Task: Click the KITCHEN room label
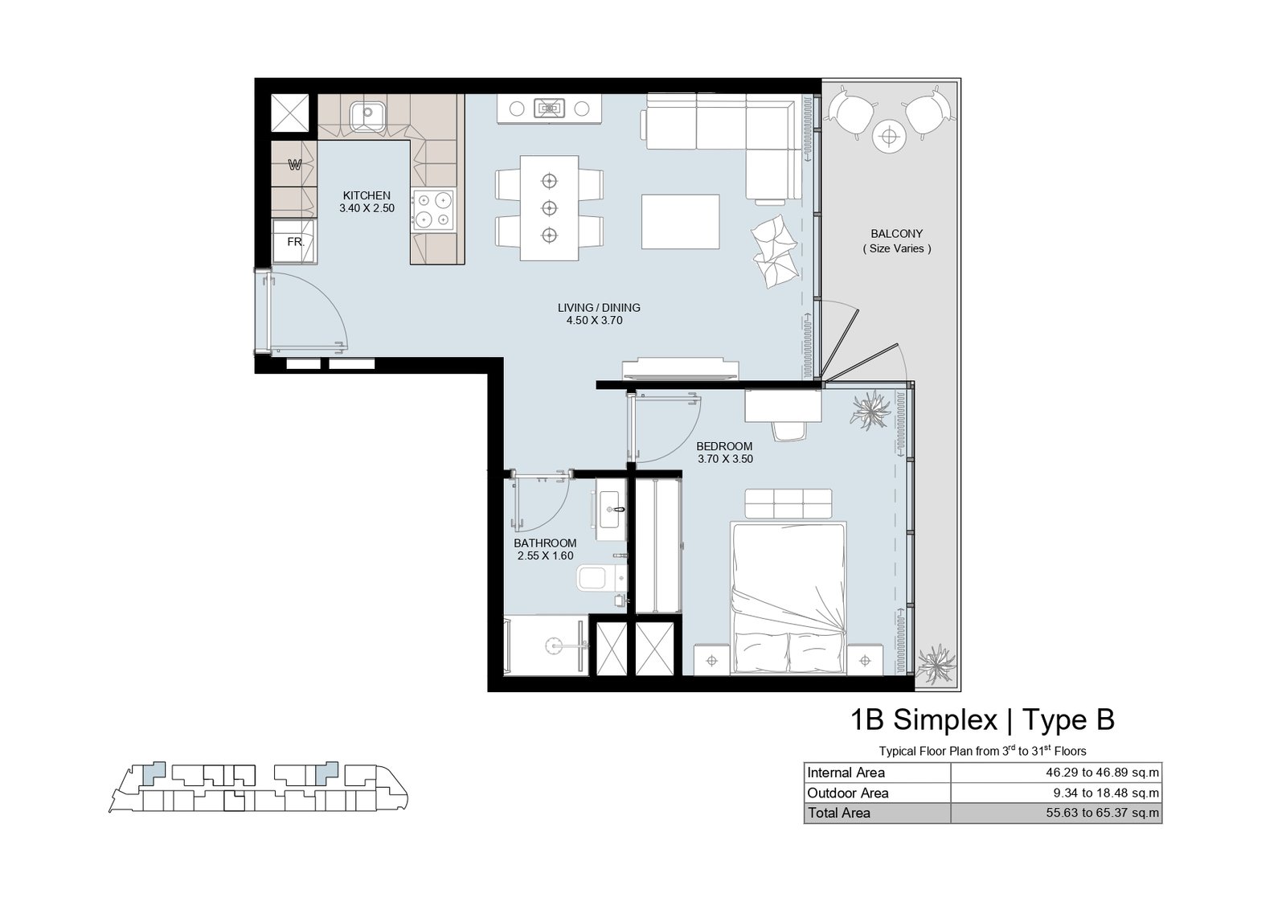(x=367, y=196)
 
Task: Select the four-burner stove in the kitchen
(x=433, y=210)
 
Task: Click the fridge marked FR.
(x=294, y=242)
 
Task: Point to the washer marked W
(x=294, y=166)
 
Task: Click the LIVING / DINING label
(x=599, y=308)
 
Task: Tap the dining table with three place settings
(x=550, y=208)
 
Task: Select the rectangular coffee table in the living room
(x=680, y=222)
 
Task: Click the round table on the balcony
(x=889, y=137)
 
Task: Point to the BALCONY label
(x=896, y=234)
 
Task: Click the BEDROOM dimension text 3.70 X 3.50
(x=725, y=459)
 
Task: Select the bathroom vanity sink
(x=610, y=509)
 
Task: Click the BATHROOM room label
(x=545, y=543)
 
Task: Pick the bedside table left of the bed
(x=712, y=660)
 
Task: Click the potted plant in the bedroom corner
(x=871, y=410)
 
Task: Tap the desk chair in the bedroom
(x=788, y=431)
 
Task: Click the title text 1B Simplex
(x=924, y=720)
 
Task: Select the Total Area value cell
(x=1056, y=813)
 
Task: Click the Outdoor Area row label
(x=847, y=793)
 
